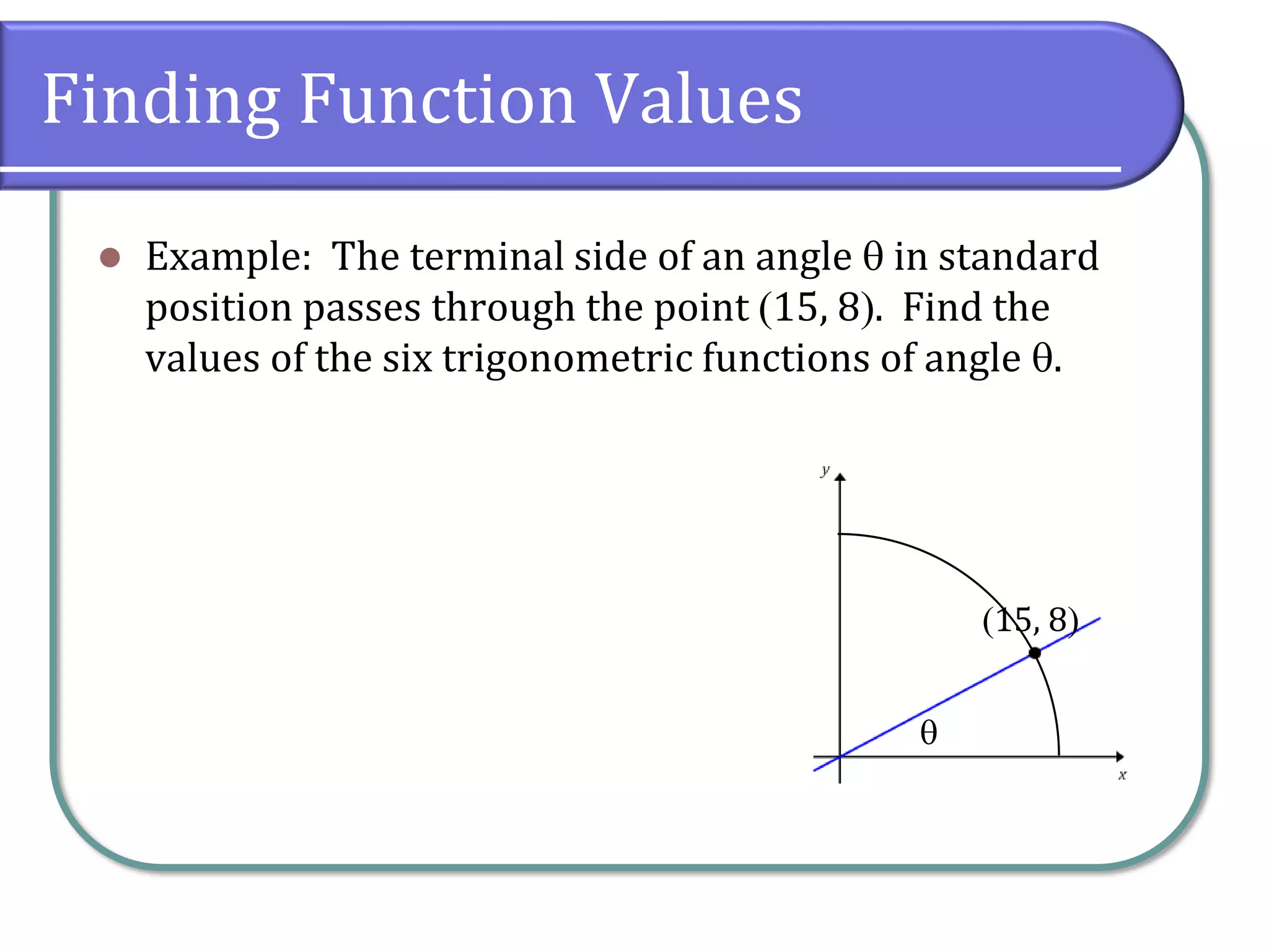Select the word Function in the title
click(437, 100)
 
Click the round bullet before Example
click(110, 257)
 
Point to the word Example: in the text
click(228, 257)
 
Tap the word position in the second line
click(219, 309)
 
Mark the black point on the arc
click(1035, 653)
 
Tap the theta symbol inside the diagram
click(928, 733)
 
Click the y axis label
click(825, 470)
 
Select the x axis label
click(1122, 775)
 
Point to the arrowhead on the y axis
click(840, 477)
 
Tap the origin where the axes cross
click(840, 757)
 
